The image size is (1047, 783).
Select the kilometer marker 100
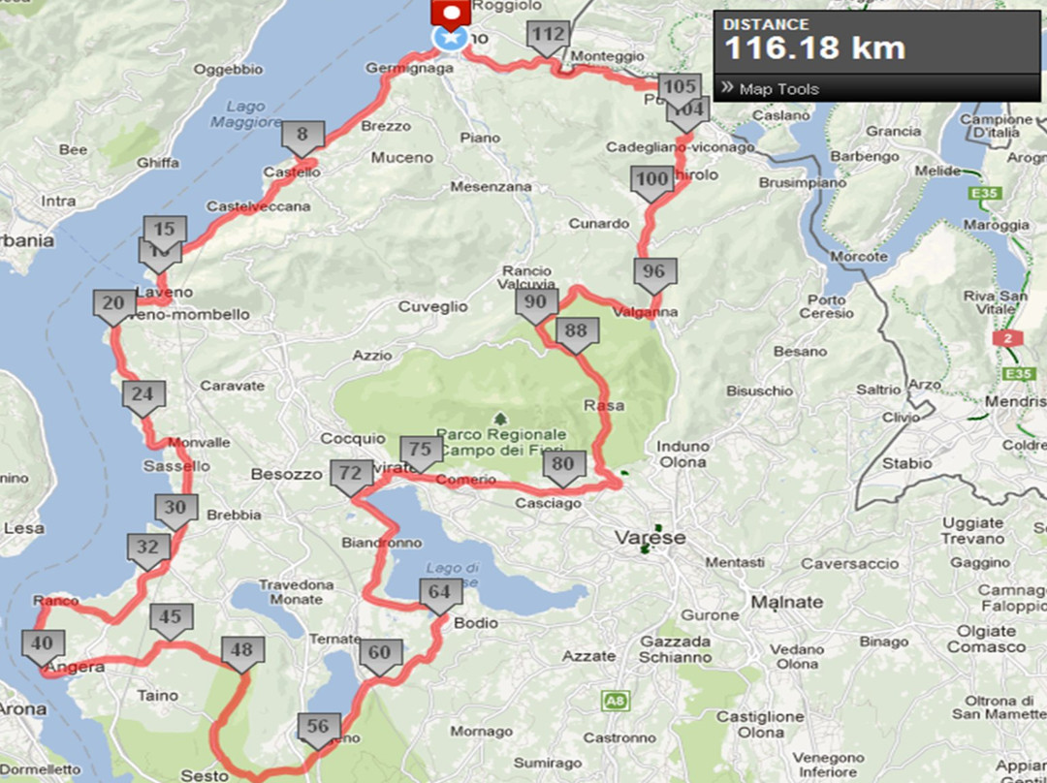click(x=652, y=180)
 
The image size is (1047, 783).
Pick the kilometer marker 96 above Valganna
click(x=655, y=272)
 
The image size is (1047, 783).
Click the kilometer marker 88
click(x=576, y=332)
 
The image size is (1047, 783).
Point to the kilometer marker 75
click(x=420, y=451)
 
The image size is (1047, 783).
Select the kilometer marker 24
click(x=143, y=395)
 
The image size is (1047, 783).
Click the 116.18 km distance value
click(x=814, y=47)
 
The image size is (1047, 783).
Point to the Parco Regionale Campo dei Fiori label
click(x=501, y=443)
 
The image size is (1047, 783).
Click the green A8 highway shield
click(x=613, y=699)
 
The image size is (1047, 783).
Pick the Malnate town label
click(x=787, y=603)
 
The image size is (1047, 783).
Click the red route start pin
click(x=452, y=13)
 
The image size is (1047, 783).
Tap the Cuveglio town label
click(x=432, y=307)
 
